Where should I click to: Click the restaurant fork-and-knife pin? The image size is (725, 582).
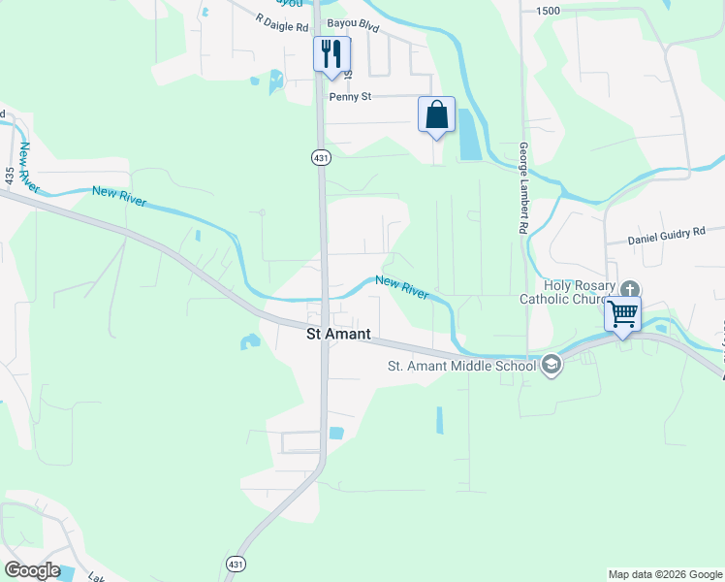(331, 53)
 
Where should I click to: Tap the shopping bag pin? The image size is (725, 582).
(436, 114)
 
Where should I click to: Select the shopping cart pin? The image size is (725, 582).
(623, 314)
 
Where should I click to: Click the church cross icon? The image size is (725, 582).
(630, 289)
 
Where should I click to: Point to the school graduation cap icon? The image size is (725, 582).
(552, 366)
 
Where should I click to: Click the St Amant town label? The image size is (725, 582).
(338, 334)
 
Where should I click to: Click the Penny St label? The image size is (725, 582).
(350, 97)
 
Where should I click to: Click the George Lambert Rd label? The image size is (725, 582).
(522, 188)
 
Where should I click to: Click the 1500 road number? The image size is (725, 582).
(548, 10)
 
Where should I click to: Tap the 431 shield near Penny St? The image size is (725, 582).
(319, 156)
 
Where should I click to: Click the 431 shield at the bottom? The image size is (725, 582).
(236, 564)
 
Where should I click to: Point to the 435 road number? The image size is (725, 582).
(10, 177)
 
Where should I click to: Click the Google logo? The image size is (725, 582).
(32, 570)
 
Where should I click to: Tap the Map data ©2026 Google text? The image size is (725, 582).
(664, 574)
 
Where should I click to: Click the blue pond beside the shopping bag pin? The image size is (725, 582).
(467, 135)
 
